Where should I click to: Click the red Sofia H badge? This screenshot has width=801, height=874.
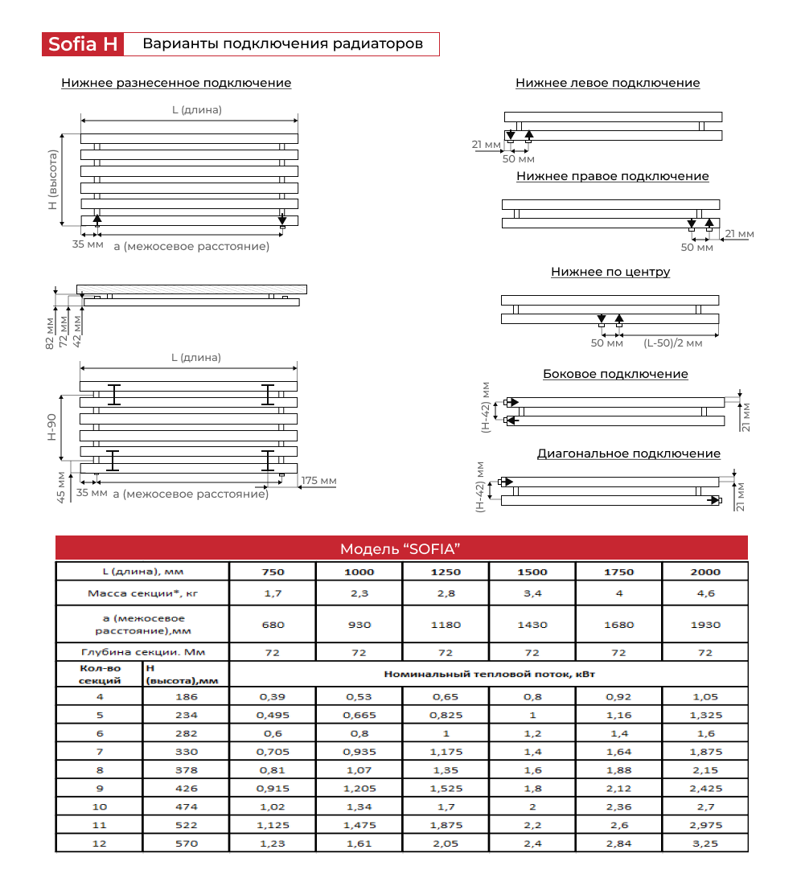[83, 43]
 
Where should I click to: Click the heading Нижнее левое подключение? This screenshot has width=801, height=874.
[607, 83]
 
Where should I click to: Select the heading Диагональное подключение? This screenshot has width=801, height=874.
[628, 453]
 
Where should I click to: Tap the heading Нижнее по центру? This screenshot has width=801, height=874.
[610, 272]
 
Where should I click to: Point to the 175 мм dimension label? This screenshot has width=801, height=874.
[318, 481]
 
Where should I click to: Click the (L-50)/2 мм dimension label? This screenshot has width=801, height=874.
[672, 343]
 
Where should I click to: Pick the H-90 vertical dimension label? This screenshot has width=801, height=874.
[51, 427]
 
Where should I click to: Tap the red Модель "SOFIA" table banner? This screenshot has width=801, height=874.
[400, 548]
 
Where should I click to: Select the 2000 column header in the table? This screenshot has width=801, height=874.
[704, 572]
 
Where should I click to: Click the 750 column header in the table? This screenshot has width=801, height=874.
[273, 572]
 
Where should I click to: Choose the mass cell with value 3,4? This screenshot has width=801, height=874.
[532, 593]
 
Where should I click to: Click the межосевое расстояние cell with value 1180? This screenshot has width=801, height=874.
[446, 624]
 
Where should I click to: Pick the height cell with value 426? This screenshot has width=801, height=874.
[186, 788]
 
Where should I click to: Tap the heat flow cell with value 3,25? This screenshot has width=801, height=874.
[704, 843]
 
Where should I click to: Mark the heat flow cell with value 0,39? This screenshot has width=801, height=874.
[273, 696]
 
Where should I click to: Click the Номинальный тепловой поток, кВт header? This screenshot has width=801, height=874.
[488, 674]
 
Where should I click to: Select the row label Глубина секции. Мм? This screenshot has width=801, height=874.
[142, 652]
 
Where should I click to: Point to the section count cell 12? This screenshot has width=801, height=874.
[100, 843]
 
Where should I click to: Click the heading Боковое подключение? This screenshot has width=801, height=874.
[615, 374]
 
